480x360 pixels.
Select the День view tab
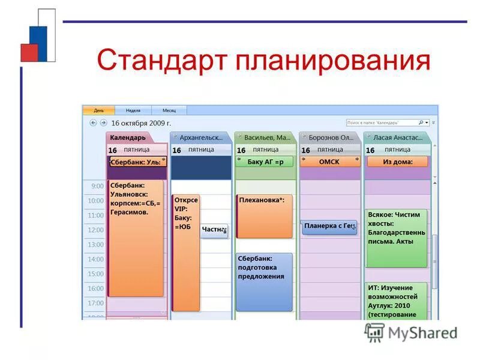[98, 110]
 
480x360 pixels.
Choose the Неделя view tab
[133, 110]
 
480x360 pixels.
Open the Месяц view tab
[169, 110]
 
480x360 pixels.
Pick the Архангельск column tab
[200, 137]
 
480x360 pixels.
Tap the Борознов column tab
[329, 137]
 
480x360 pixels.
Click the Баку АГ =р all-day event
[265, 161]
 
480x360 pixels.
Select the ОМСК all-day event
[329, 161]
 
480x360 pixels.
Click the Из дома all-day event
[397, 161]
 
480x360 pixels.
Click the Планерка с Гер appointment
[329, 226]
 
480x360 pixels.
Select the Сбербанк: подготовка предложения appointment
[265, 281]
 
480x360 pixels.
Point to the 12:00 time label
[95, 230]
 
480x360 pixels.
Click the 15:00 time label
[95, 274]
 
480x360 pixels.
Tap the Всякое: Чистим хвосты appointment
[397, 237]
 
